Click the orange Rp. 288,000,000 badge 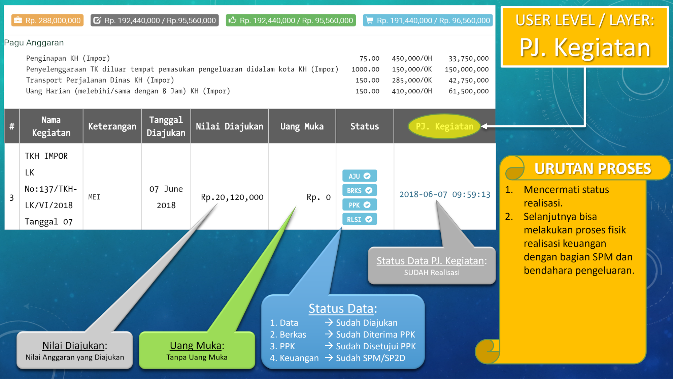[47, 21]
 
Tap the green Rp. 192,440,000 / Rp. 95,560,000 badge [291, 21]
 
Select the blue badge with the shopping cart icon [428, 21]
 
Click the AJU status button [359, 176]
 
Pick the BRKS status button [359, 190]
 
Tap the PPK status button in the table [359, 205]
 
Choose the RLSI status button [359, 219]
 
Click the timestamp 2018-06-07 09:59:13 [445, 194]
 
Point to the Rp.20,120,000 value [232, 197]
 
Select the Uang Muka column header [302, 126]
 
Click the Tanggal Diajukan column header [166, 126]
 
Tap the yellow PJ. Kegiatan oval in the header [444, 126]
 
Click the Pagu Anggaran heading [34, 43]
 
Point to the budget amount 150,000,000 [467, 69]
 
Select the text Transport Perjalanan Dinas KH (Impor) [100, 80]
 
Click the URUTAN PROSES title [593, 169]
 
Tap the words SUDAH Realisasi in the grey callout [432, 273]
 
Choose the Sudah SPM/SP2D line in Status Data [370, 358]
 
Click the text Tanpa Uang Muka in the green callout [197, 357]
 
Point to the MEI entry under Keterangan [94, 197]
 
